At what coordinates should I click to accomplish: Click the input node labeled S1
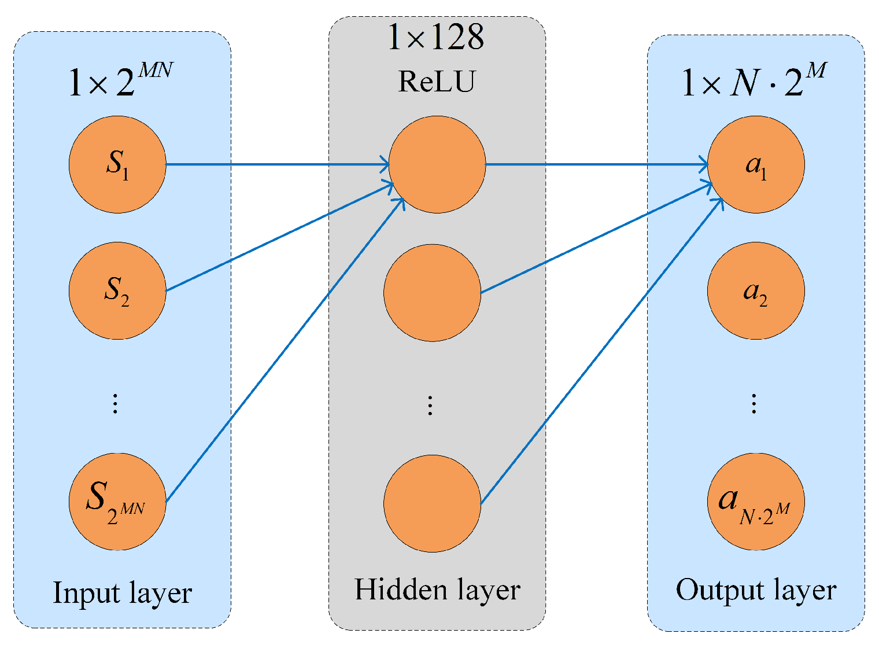coord(117,164)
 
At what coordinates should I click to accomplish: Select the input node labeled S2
coord(117,290)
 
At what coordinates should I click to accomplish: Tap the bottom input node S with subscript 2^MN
coord(117,501)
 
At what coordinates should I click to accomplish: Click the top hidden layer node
coord(437,164)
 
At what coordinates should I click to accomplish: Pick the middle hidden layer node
coord(432,293)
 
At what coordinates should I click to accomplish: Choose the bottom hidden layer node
coord(432,503)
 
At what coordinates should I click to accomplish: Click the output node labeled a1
coord(756,164)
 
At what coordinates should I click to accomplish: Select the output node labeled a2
coord(756,290)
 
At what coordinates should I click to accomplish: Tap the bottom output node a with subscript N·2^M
coord(756,501)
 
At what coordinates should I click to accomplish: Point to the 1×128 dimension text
coord(437,37)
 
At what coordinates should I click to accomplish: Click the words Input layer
coord(122,593)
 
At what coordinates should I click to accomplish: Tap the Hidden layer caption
coord(437,590)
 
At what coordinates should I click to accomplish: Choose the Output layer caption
coord(756,591)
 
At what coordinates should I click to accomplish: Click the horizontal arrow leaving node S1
coord(278,164)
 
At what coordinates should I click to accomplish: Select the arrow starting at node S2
coord(278,238)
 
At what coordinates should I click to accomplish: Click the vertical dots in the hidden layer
coord(430,406)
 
